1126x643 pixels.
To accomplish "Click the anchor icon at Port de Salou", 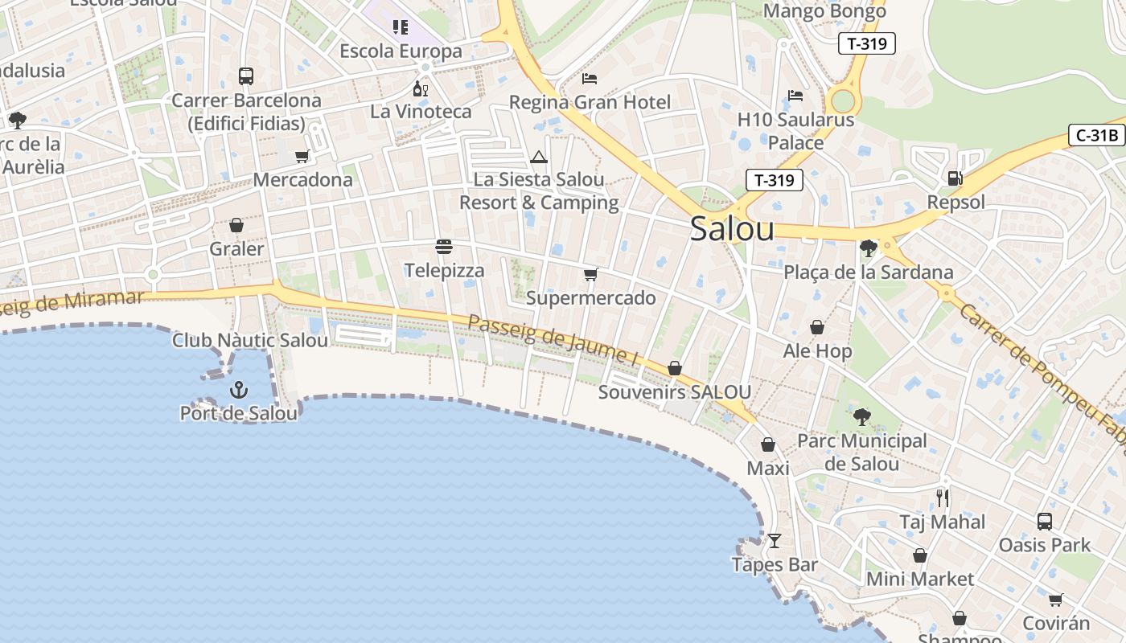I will click(239, 391).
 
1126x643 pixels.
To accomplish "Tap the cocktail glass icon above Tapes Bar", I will click(774, 541).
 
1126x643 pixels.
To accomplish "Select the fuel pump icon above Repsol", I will click(955, 178).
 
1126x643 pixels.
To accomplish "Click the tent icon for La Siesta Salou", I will click(539, 157).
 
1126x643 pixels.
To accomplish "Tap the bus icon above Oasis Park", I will click(1044, 522).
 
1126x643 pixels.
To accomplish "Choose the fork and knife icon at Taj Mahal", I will click(943, 498).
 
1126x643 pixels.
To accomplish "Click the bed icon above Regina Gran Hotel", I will click(590, 79).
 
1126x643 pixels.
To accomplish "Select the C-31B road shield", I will click(1097, 135).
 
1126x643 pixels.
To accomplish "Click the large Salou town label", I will click(732, 229).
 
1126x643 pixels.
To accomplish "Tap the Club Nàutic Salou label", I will click(250, 340).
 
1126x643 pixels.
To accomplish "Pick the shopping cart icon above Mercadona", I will click(302, 157).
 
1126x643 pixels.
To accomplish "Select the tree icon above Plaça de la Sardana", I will click(868, 248).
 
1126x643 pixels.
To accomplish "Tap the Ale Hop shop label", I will click(817, 351).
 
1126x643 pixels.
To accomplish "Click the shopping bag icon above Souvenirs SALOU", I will click(675, 368).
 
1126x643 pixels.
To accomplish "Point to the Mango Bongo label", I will click(824, 11).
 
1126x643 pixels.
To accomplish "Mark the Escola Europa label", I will click(401, 51).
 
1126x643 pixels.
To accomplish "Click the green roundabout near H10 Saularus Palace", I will click(843, 101).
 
